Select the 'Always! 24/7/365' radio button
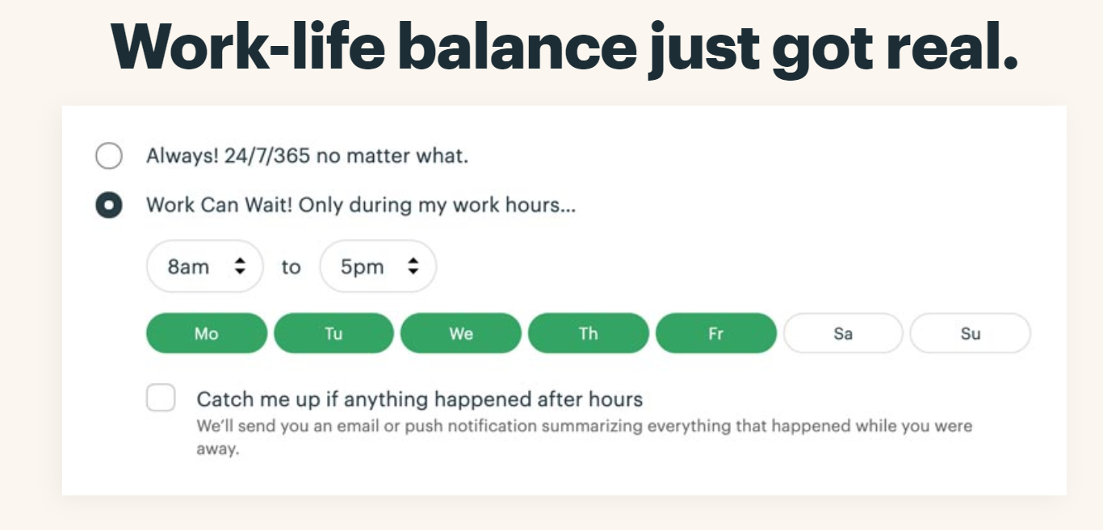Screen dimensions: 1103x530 tap(109, 156)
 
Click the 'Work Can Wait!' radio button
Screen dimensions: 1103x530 tap(109, 205)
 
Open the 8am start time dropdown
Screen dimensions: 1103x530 tap(205, 266)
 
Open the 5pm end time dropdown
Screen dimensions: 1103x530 tap(378, 266)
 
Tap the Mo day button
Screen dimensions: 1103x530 tap(207, 333)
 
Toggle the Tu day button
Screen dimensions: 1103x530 tap(333, 333)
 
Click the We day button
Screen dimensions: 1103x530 tap(461, 333)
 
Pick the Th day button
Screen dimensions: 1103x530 tap(589, 333)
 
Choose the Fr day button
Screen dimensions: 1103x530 tap(716, 333)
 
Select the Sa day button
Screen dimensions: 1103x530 tap(843, 333)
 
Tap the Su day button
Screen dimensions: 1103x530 tap(971, 333)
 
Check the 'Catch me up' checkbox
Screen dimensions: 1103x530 tap(161, 397)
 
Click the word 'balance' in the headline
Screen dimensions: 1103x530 tap(517, 48)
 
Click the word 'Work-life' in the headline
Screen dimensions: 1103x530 tap(248, 48)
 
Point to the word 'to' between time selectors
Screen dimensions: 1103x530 tap(291, 267)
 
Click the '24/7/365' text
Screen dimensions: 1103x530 tap(267, 156)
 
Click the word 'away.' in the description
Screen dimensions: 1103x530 tap(218, 449)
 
